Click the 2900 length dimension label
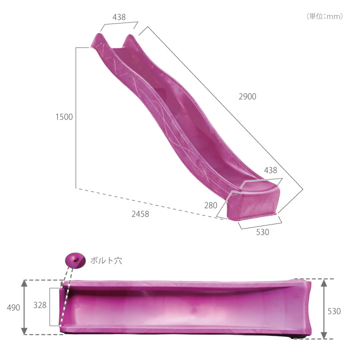click(x=247, y=96)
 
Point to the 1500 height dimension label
click(x=64, y=117)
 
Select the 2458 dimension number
click(x=140, y=214)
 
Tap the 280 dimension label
click(x=210, y=205)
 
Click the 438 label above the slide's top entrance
click(x=119, y=17)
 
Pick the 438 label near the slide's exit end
click(x=270, y=170)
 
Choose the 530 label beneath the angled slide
click(x=262, y=232)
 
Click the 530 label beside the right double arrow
click(x=334, y=311)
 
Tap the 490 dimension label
click(x=13, y=307)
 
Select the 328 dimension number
click(x=39, y=305)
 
